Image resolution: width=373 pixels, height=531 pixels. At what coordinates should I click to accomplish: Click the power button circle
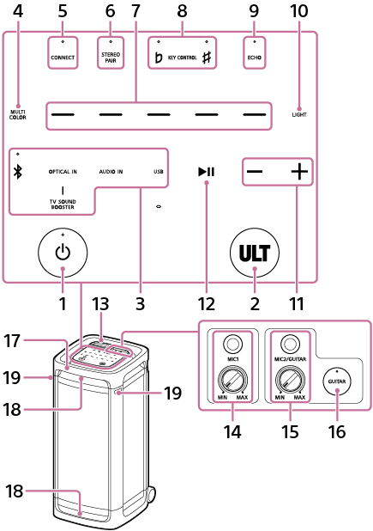coord(64,253)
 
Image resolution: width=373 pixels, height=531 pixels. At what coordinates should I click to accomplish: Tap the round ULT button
coord(256,253)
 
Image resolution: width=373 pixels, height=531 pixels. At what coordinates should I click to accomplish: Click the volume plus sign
coord(298,172)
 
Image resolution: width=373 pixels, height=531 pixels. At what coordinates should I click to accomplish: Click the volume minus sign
coord(255,172)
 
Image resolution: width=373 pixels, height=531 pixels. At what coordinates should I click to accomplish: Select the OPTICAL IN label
coord(63,172)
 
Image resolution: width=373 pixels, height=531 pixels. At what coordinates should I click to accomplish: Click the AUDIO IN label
coord(111,172)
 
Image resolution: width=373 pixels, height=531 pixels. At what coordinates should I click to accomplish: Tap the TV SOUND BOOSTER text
coord(63,203)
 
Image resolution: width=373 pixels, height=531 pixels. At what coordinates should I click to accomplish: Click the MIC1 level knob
coord(229,378)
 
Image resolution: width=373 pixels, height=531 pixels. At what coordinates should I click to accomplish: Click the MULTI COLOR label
coord(19,113)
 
